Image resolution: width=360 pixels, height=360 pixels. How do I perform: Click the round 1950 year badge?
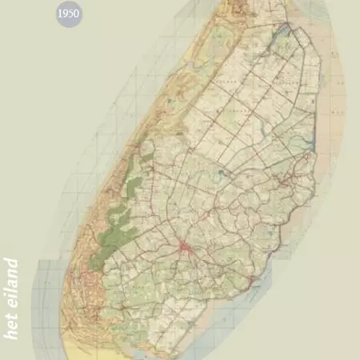[x=70, y=14]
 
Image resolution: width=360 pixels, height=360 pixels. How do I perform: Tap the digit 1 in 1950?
[x=61, y=14]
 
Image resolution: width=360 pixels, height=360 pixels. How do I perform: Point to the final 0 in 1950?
[x=78, y=14]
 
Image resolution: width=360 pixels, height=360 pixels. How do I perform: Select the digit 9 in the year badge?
[x=66, y=14]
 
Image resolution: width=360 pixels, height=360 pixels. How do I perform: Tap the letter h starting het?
[x=11, y=334]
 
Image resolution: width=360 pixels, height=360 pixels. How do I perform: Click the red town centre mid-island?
[x=185, y=248]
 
